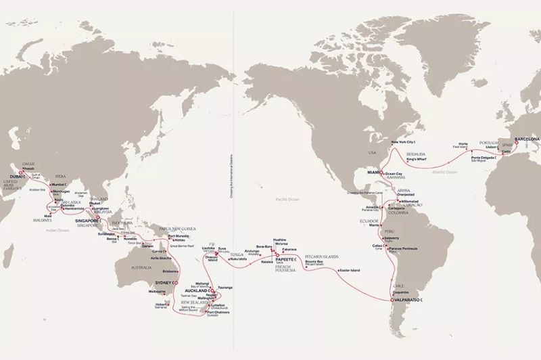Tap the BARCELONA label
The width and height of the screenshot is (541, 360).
pyautogui.click(x=527, y=139)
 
